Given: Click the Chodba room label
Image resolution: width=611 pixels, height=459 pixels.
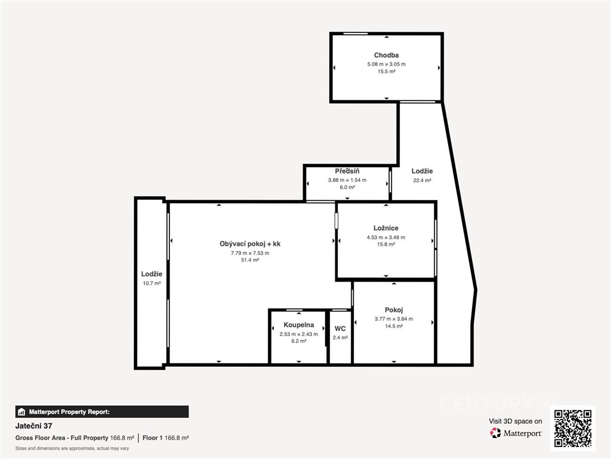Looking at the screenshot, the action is [386, 56].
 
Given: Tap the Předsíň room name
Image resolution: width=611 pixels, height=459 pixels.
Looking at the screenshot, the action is [347, 171].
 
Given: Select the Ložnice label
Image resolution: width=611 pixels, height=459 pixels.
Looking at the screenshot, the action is [386, 228].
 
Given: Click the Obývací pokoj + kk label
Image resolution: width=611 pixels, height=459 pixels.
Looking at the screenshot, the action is [250, 244].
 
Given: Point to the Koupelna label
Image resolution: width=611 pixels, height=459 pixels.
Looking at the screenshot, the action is [298, 325].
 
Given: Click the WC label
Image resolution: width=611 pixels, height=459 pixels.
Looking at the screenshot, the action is [340, 329].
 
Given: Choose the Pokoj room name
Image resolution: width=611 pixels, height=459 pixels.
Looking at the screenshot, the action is [394, 310].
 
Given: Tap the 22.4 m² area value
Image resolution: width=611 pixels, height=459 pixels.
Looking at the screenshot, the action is [422, 180].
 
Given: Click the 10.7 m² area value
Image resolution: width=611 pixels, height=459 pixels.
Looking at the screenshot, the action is [152, 283].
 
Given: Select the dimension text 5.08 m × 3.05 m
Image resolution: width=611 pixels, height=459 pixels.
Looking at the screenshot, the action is [386, 64].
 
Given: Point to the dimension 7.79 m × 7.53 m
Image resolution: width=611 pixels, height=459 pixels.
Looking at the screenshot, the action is [250, 253].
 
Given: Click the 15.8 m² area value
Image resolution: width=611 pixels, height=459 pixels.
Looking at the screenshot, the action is [386, 244].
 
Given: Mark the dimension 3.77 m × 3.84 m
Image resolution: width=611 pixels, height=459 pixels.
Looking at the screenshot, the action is [394, 319].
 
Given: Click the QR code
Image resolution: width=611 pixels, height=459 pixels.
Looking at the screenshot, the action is [573, 429].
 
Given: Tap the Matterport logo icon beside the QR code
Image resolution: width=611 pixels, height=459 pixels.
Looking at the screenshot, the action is [495, 433].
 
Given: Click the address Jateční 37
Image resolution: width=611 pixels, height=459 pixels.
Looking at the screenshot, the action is [33, 426].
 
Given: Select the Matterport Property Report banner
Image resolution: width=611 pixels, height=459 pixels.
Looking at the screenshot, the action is [102, 412].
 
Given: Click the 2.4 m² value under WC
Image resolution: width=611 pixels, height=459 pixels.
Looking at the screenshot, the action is [340, 338].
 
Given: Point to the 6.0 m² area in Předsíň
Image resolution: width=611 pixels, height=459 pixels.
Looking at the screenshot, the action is [347, 187].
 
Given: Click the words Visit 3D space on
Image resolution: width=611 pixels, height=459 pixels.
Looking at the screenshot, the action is [515, 421].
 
